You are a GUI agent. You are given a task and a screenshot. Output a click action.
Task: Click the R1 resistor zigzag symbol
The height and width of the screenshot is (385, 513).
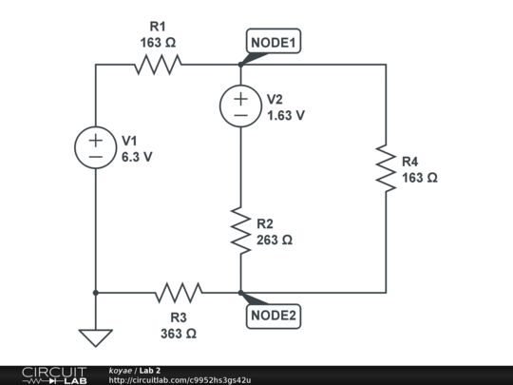click(158, 65)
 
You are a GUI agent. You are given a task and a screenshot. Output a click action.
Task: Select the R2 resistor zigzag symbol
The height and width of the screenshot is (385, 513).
click(240, 230)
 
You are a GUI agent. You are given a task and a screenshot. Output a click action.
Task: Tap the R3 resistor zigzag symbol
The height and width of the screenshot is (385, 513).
click(179, 293)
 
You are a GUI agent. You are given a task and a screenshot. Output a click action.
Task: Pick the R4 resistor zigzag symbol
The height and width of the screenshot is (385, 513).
click(386, 168)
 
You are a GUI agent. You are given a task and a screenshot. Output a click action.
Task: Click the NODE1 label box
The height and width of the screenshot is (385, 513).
click(274, 41)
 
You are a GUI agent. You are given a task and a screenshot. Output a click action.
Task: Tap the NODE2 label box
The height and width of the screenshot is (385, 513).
click(274, 317)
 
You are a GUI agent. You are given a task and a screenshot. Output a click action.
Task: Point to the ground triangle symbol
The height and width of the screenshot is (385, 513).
click(96, 337)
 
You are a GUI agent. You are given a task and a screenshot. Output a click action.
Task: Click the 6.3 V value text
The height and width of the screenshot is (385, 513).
click(137, 157)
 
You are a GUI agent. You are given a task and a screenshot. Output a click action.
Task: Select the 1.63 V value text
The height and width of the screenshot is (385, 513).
click(286, 115)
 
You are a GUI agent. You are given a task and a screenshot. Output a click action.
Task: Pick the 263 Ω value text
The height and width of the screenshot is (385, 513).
click(275, 240)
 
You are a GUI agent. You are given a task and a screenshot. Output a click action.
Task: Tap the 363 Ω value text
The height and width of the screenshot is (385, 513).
click(179, 334)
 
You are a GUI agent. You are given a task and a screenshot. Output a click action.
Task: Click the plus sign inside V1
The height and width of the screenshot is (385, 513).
click(96, 141)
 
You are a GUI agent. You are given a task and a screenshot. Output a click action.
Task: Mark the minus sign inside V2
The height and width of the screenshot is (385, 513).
click(240, 115)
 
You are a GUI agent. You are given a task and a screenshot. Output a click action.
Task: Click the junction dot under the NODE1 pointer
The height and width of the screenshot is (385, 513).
click(240, 65)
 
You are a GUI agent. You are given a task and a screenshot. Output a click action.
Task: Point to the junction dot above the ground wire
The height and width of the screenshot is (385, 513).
click(96, 293)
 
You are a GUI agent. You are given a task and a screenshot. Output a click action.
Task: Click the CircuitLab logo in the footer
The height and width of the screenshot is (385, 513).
click(54, 375)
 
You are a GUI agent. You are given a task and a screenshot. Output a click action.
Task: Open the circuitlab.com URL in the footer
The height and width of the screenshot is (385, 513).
click(180, 380)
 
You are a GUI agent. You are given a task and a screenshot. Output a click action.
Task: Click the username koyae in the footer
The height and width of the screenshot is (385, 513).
click(120, 371)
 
